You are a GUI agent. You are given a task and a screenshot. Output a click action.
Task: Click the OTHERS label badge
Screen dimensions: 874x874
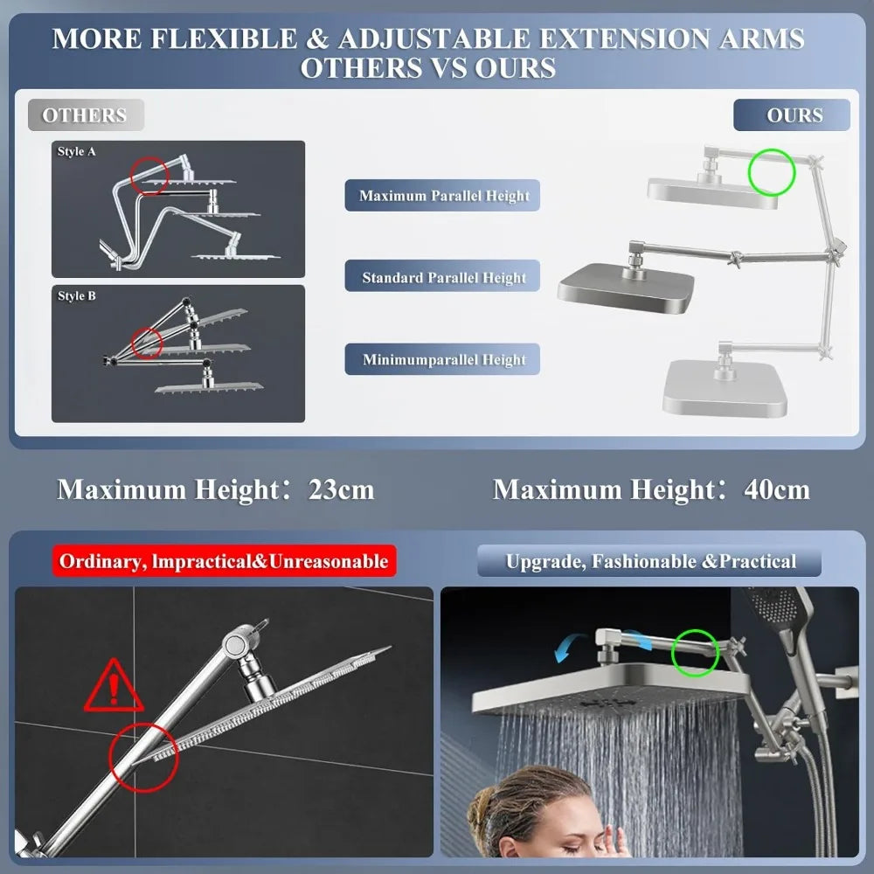pos(85,115)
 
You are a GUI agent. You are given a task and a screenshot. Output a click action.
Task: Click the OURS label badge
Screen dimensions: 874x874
pos(792,115)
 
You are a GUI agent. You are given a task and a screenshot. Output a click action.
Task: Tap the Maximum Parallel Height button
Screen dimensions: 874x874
pos(444,196)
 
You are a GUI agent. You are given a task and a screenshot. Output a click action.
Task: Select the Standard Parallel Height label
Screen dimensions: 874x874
pos(444,277)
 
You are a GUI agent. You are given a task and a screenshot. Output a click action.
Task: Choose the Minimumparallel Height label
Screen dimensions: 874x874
pos(444,359)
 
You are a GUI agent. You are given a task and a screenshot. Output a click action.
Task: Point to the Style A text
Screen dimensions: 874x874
pos(77,152)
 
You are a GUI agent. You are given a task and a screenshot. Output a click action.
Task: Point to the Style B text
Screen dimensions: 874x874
pos(77,296)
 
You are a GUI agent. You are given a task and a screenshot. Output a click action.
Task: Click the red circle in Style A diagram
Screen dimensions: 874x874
pos(149,175)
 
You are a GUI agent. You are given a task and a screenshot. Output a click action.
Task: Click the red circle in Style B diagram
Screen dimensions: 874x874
pos(146,343)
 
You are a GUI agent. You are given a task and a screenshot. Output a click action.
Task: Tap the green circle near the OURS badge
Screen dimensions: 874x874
pos(772,171)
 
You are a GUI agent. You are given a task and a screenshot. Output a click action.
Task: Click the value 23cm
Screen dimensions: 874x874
pos(341,489)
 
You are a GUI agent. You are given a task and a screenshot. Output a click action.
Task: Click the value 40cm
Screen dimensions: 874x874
pos(776,489)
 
